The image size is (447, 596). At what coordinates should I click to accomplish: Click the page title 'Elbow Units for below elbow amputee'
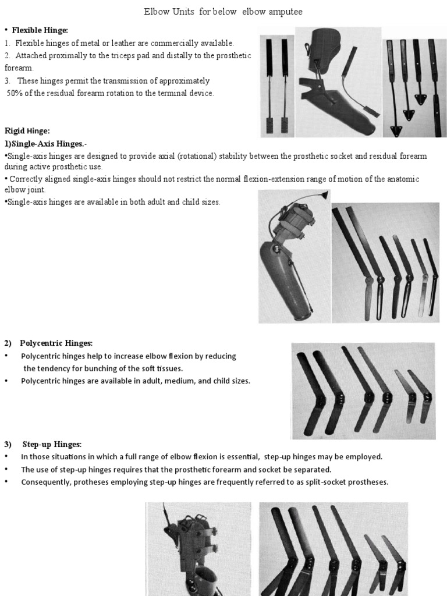223,12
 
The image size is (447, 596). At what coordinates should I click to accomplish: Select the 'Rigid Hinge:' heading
29,131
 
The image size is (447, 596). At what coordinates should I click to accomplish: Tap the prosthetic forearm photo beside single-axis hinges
294,256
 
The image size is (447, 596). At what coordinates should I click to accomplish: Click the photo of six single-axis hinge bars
385,262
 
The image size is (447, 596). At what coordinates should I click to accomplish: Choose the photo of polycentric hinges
363,391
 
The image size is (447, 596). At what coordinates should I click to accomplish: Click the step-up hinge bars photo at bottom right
333,549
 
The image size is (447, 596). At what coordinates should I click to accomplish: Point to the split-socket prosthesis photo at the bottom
198,549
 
